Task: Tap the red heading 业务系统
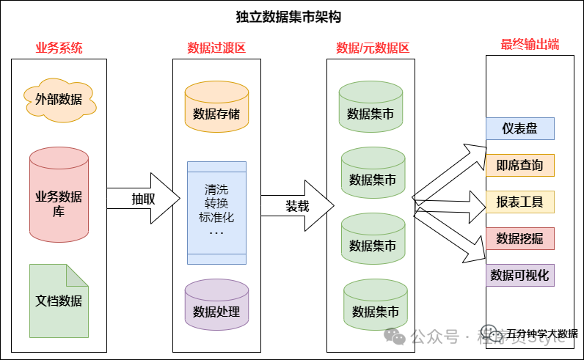tap(59, 48)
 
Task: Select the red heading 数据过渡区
tap(216, 48)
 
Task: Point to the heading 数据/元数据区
tap(373, 48)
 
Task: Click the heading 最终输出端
tap(530, 44)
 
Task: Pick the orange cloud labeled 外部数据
tap(59, 98)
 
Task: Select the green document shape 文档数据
tap(59, 300)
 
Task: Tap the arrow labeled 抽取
tap(144, 199)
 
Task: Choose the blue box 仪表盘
tap(520, 129)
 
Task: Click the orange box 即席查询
tap(520, 166)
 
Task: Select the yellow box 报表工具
tap(520, 202)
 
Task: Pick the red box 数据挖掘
tap(520, 238)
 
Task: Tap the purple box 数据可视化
tap(520, 275)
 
